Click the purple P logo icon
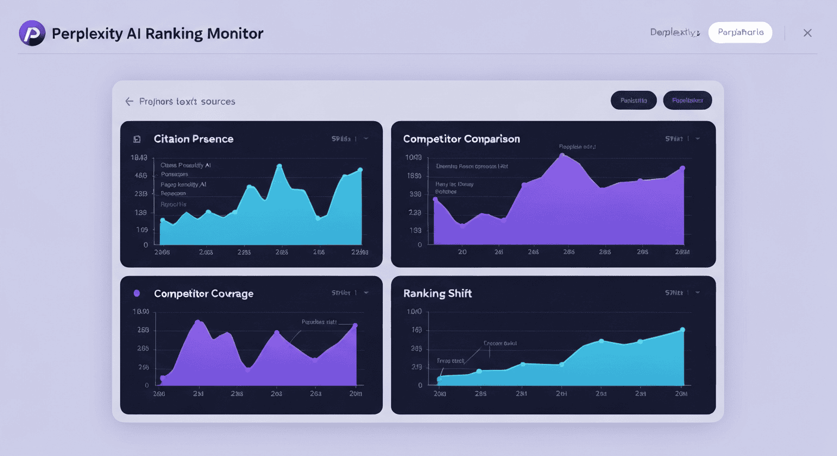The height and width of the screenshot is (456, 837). pyautogui.click(x=32, y=33)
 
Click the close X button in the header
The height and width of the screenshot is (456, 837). pyautogui.click(x=807, y=33)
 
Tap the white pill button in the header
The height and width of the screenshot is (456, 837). pyautogui.click(x=740, y=33)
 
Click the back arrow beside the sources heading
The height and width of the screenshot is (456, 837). pyautogui.click(x=129, y=102)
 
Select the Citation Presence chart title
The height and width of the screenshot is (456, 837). pyautogui.click(x=193, y=139)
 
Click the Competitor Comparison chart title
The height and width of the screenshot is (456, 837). pyautogui.click(x=461, y=139)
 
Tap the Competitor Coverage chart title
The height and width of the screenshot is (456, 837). pyautogui.click(x=203, y=293)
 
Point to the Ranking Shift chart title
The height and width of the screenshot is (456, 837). pyautogui.click(x=438, y=293)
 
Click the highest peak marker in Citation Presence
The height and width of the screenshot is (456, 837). pyautogui.click(x=279, y=166)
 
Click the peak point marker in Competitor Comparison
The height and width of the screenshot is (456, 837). pyautogui.click(x=562, y=156)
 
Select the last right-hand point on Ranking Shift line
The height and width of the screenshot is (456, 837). pyautogui.click(x=682, y=330)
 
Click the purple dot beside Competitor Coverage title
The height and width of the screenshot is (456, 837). pyautogui.click(x=137, y=293)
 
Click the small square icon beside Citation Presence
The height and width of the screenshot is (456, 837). pyautogui.click(x=137, y=139)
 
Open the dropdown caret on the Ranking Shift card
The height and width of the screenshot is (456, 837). pyautogui.click(x=697, y=293)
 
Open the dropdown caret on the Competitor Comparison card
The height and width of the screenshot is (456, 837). pyautogui.click(x=697, y=138)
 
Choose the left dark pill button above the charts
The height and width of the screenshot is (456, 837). pyautogui.click(x=633, y=100)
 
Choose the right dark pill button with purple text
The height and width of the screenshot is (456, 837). pyautogui.click(x=687, y=100)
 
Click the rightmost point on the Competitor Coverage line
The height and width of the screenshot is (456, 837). pyautogui.click(x=355, y=325)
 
